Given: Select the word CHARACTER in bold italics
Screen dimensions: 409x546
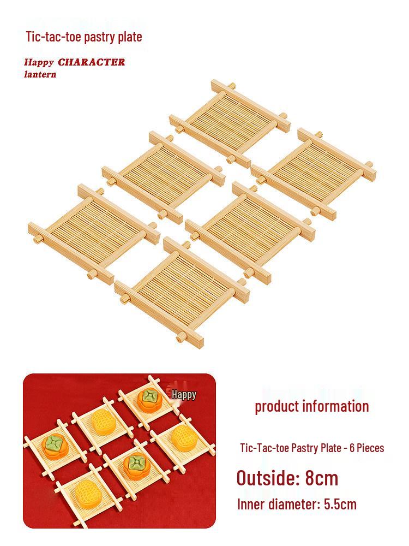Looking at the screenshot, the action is pyautogui.click(x=92, y=62).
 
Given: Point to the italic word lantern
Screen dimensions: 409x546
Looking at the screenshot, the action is pyautogui.click(x=40, y=74).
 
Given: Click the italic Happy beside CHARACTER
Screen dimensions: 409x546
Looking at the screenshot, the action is pyautogui.click(x=39, y=63).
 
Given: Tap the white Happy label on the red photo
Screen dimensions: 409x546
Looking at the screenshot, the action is pyautogui.click(x=184, y=395).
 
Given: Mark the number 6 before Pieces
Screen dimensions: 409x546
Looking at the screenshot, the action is pyautogui.click(x=352, y=448).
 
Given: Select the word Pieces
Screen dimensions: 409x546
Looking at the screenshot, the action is pyautogui.click(x=370, y=448).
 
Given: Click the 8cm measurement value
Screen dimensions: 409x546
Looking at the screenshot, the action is pyautogui.click(x=321, y=478).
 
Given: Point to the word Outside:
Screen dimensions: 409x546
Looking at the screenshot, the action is pyautogui.click(x=268, y=478).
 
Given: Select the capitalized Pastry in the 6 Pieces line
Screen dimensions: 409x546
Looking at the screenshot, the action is pyautogui.click(x=302, y=448).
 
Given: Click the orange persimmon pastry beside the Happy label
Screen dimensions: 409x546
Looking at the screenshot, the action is pyautogui.click(x=147, y=399).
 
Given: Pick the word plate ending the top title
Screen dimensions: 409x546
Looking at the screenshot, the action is pyautogui.click(x=130, y=37).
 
